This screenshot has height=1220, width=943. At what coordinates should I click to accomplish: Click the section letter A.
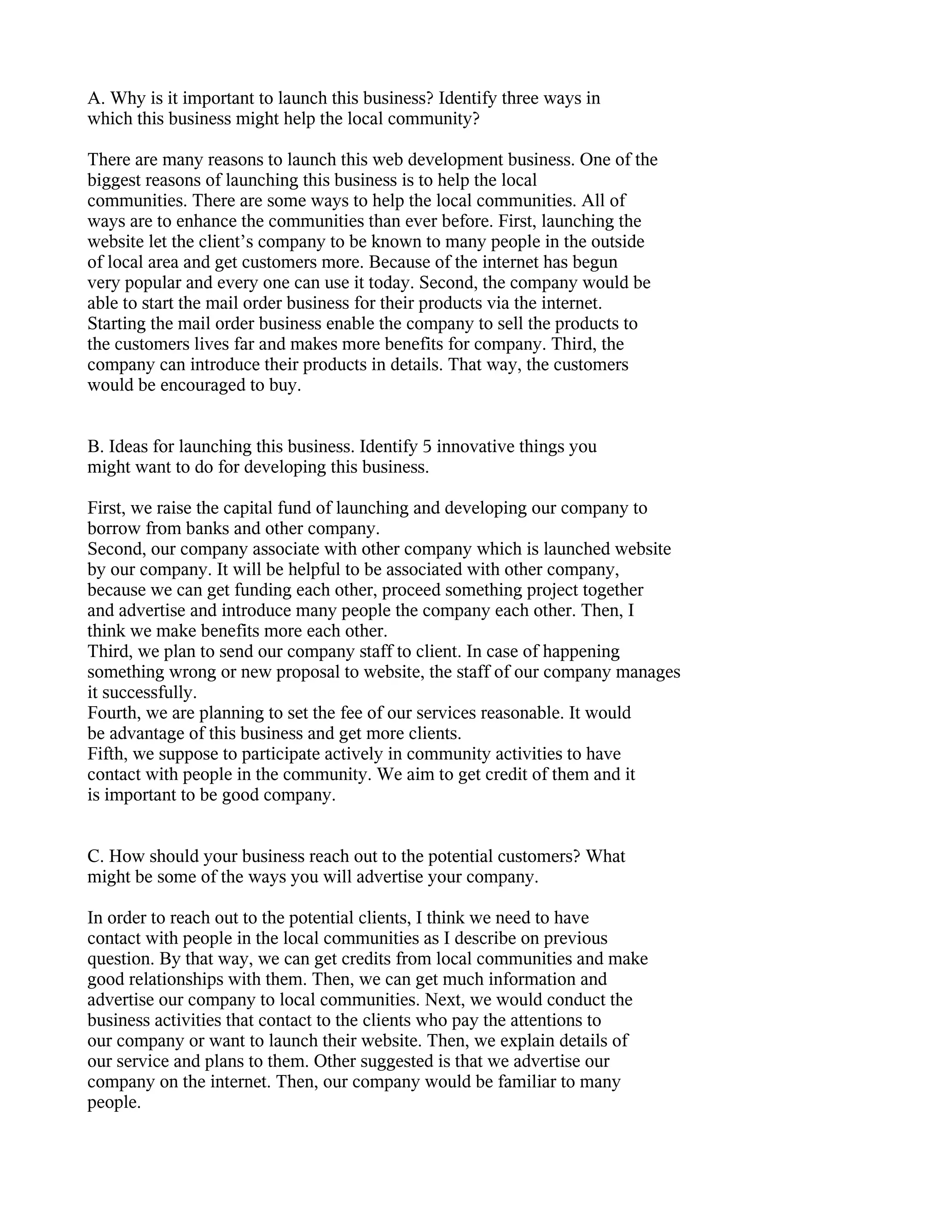[x=94, y=99]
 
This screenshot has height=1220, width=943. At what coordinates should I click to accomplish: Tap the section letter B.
[x=93, y=447]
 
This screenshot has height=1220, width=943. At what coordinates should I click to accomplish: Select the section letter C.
[x=94, y=856]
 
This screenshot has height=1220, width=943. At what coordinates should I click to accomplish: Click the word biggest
[x=113, y=181]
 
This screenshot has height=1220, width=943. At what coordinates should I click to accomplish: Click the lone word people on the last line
[x=113, y=1103]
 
